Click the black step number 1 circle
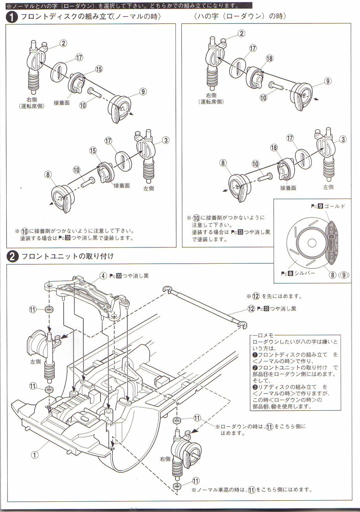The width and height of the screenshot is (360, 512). point(12,17)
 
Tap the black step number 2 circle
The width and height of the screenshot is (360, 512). point(12,256)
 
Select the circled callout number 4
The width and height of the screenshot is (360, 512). point(103,276)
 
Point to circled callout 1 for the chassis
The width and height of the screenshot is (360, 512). point(34,455)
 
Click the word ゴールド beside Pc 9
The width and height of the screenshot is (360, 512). point(334,206)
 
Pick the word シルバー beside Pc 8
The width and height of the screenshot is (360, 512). point(304,273)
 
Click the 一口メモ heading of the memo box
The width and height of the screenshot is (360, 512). point(263,335)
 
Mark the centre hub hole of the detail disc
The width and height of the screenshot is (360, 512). point(312,243)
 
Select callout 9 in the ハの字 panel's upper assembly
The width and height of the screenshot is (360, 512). point(328,81)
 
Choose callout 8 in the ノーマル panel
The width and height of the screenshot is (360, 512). point(48,174)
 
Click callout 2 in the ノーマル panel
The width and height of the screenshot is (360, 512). point(63,43)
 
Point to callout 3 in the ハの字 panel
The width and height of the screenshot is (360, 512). point(343,139)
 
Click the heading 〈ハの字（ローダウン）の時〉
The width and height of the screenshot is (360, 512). point(240,16)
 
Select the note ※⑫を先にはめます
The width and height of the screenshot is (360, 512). point(274,296)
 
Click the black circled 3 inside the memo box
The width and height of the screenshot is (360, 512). point(255,387)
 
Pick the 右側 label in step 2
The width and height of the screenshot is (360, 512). point(165,459)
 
